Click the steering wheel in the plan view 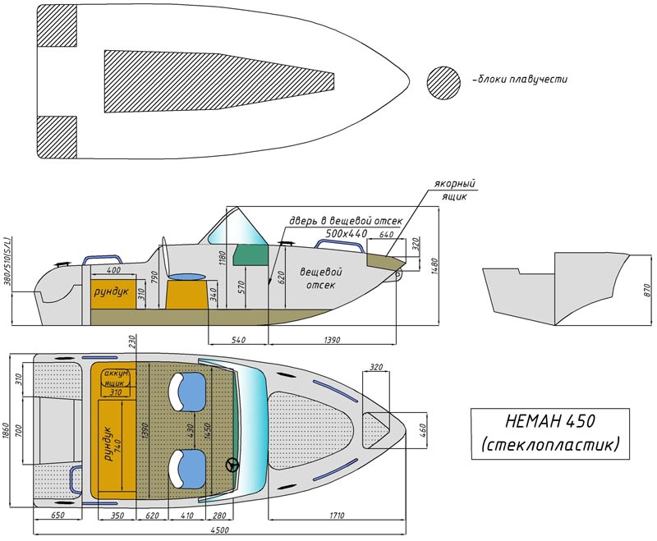coord(232,465)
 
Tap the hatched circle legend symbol coord(443,83)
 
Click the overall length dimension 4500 coord(220,530)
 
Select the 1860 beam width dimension coord(6,430)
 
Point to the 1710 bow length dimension coord(337,516)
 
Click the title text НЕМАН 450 coord(550,421)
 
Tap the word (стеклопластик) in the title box coord(550,444)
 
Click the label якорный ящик coord(456,190)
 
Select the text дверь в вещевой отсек coord(345,221)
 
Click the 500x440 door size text coord(346,233)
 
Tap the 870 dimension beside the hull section coord(647,290)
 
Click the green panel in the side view coord(250,255)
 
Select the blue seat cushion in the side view coord(187,277)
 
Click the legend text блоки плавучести coord(521,79)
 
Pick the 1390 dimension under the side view coord(333,340)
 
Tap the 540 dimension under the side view coord(237,340)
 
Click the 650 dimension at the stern coord(57,516)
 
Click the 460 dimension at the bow coord(422,430)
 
